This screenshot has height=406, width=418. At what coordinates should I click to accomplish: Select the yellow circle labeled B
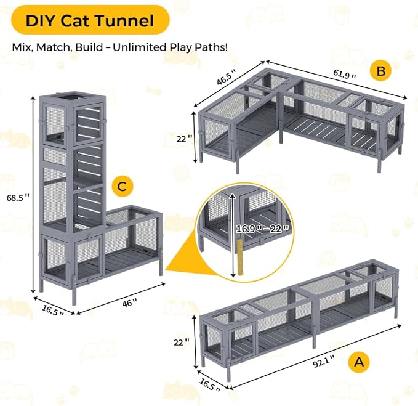click(x=381, y=71)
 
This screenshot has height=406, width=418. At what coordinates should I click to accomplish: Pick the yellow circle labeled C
click(x=122, y=185)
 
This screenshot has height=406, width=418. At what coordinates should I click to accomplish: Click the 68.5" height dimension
click(x=18, y=198)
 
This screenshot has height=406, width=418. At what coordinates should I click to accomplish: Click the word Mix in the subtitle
click(x=21, y=47)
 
